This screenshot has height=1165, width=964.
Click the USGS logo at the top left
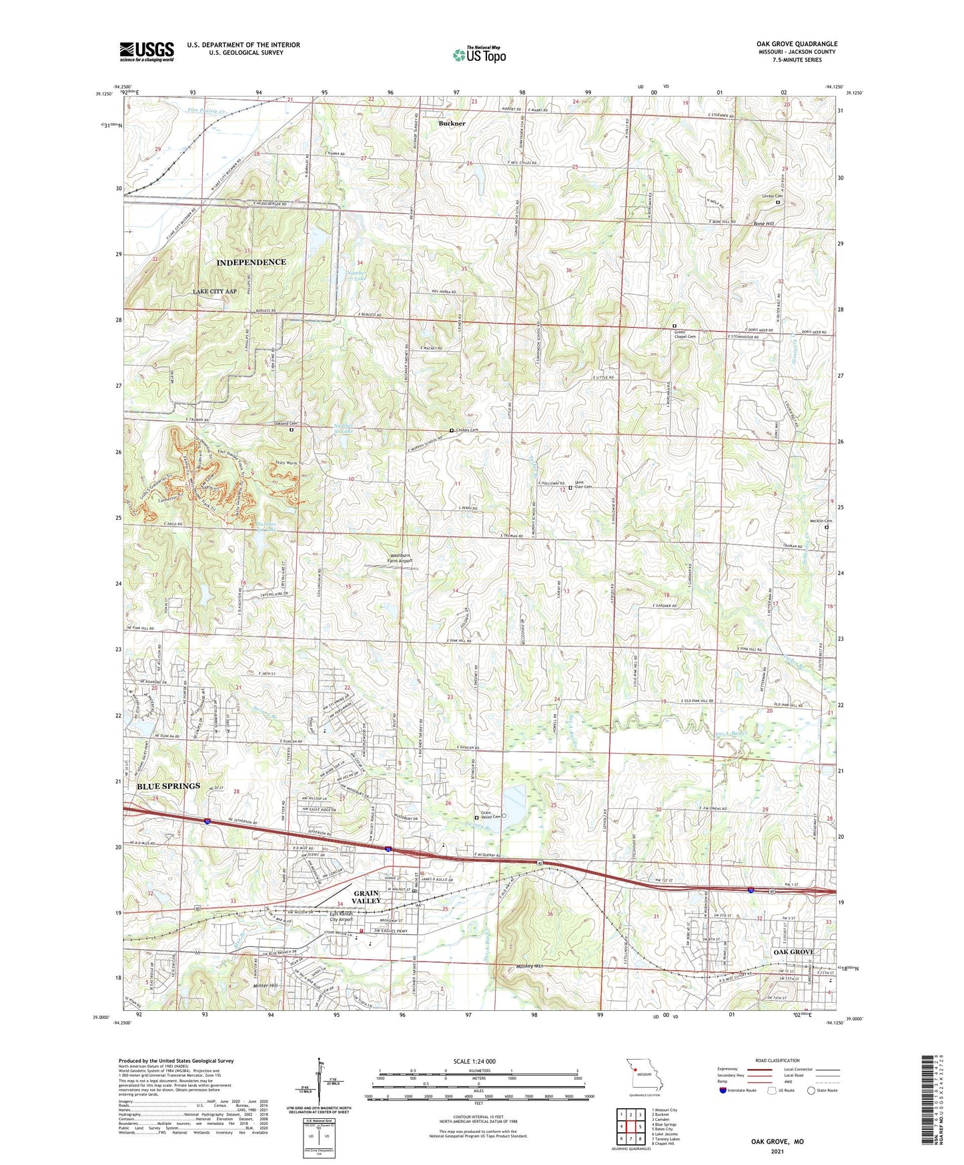pos(147,51)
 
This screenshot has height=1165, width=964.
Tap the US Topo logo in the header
pos(479,55)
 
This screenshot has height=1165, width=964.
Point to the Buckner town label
pos(452,124)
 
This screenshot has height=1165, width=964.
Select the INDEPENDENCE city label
pos(251,262)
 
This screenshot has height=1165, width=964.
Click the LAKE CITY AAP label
pos(215,292)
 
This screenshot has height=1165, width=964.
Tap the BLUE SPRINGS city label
pos(168,786)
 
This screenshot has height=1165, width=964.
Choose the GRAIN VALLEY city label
pos(366,897)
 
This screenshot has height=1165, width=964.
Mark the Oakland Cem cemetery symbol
pos(291,430)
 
